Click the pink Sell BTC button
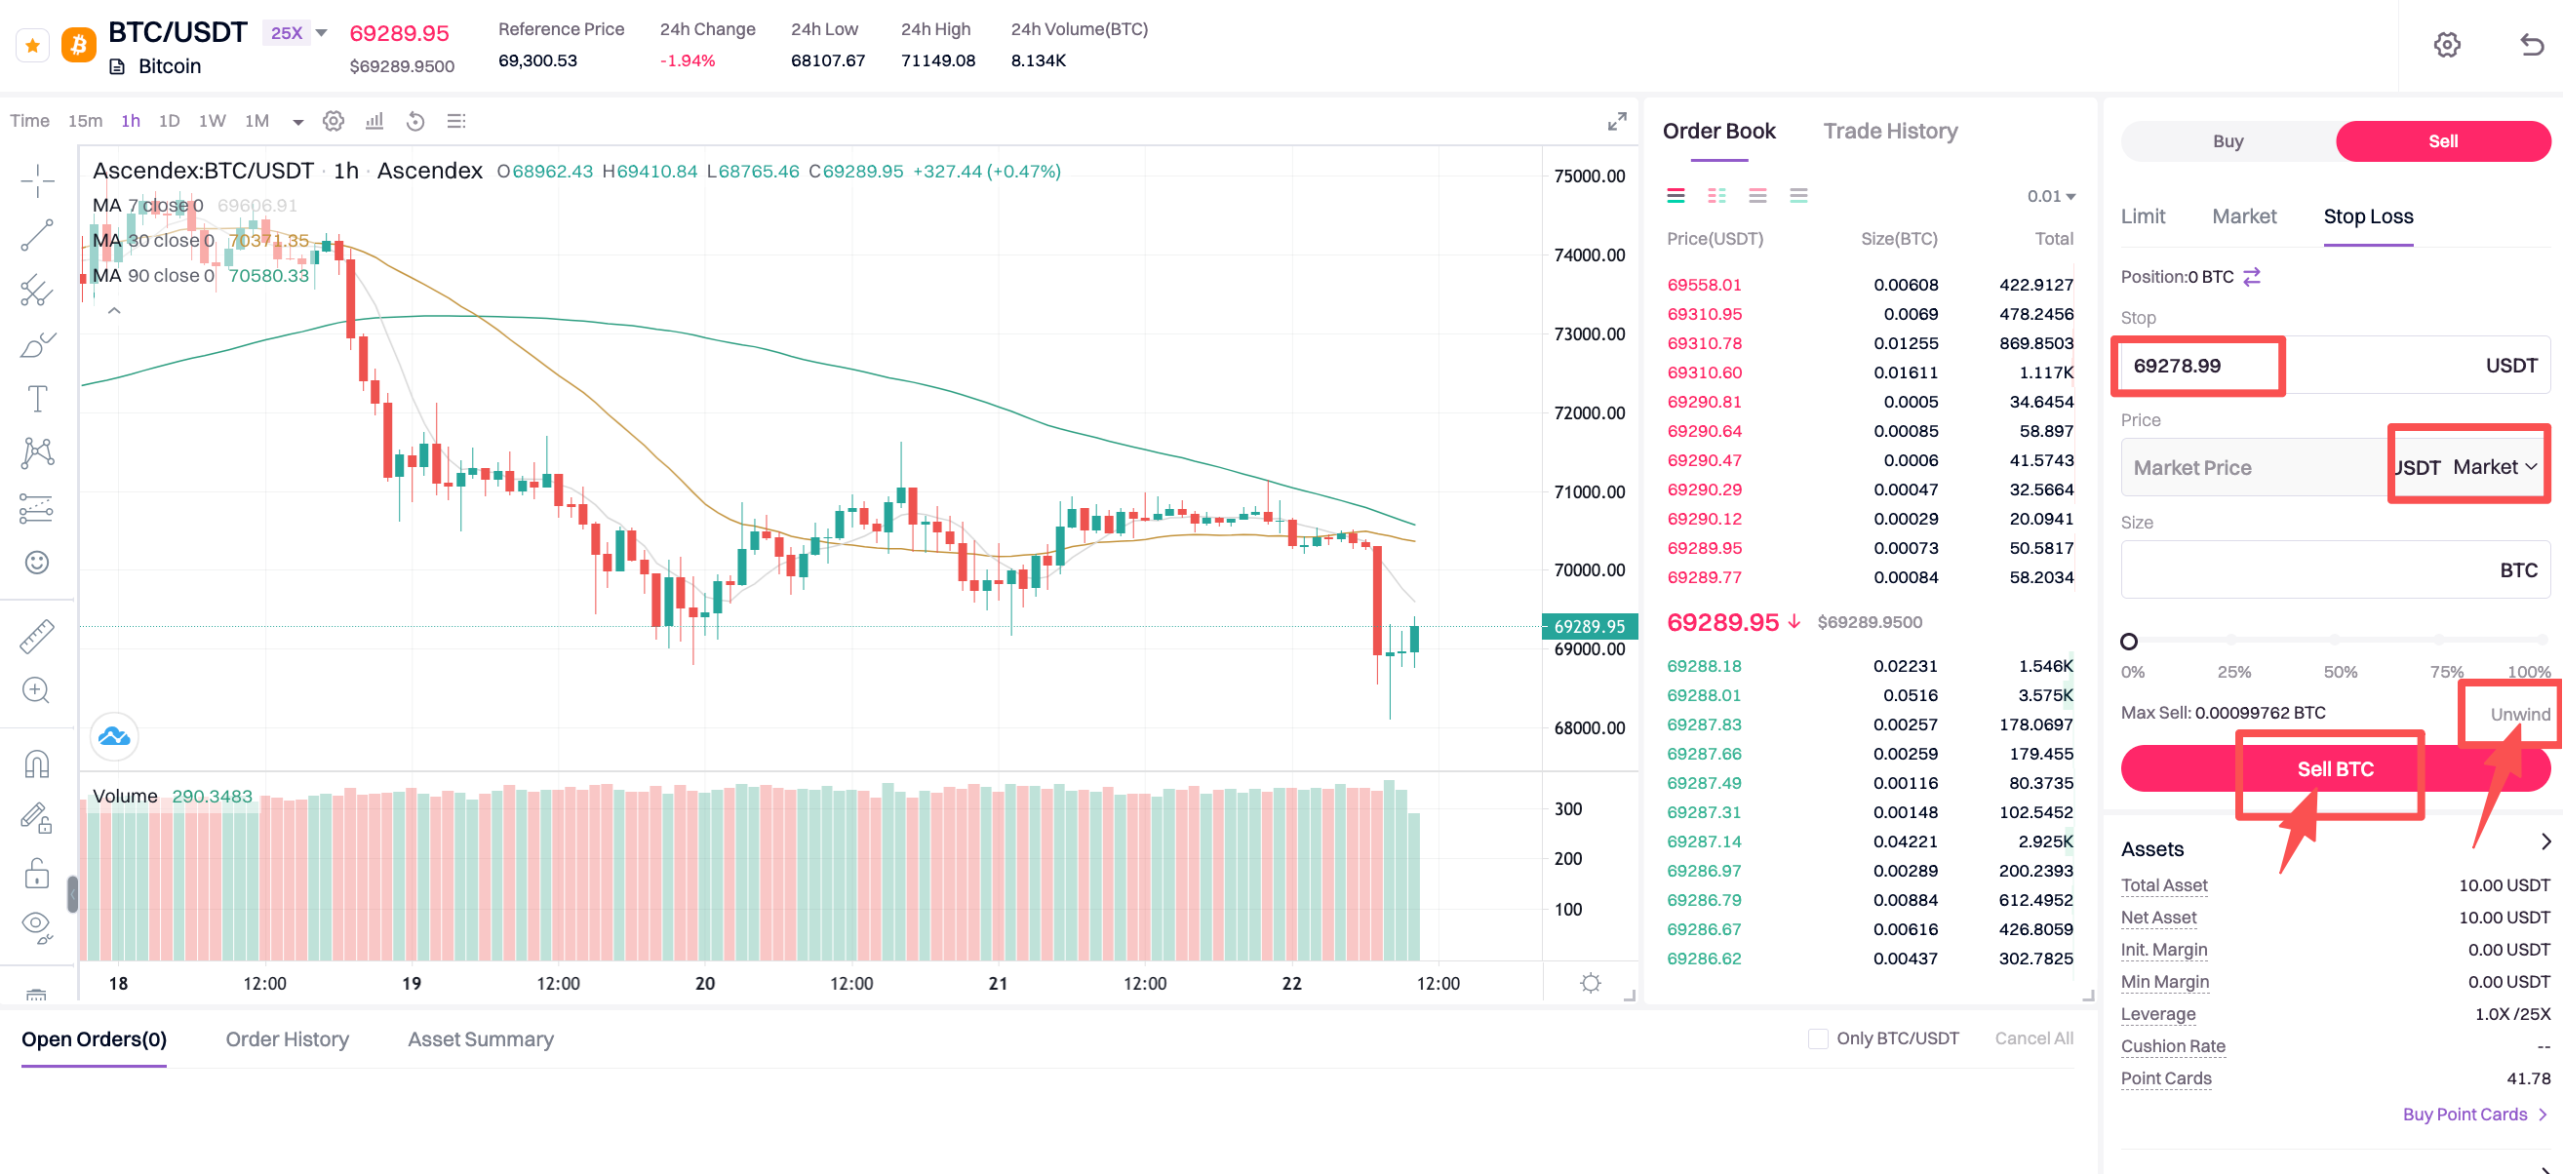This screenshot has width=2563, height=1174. (2334, 769)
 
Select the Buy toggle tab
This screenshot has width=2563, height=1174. (2228, 141)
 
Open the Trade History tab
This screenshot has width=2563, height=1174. (1889, 132)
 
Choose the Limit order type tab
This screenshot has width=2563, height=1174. (2142, 216)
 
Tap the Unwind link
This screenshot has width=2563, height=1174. (2519, 715)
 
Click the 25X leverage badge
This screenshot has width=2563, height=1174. (287, 33)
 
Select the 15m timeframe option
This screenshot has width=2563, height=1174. (85, 121)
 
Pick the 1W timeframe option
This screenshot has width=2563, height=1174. (212, 121)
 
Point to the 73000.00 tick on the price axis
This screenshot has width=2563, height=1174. (1589, 334)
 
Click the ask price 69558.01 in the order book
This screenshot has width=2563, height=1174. (1705, 285)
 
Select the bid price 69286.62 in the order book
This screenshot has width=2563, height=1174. (1705, 959)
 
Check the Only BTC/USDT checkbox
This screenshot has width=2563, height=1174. (1818, 1038)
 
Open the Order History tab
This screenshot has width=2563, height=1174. (287, 1038)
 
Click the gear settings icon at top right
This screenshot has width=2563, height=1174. (2447, 45)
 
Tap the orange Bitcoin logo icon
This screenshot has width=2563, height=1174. (79, 45)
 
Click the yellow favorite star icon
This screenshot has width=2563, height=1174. (33, 45)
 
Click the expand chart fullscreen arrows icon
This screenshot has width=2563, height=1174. (1617, 121)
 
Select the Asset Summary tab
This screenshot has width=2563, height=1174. (481, 1038)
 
